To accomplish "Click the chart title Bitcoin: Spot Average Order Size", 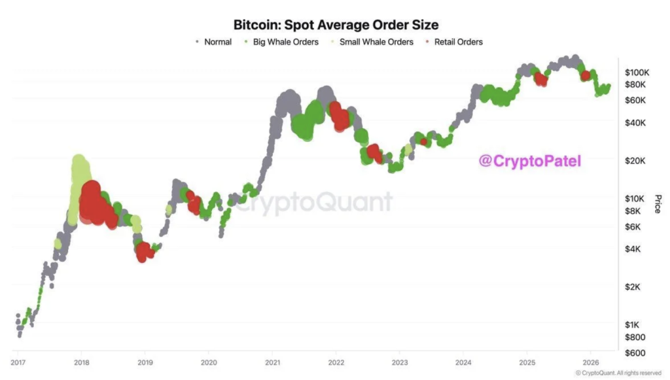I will (x=336, y=24).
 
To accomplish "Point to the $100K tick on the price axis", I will (x=636, y=71).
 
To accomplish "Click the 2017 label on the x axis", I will (x=19, y=362).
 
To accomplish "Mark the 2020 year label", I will (x=209, y=362).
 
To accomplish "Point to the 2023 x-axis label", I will (x=400, y=362).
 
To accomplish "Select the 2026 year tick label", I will (x=591, y=362).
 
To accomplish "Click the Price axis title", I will (x=658, y=203).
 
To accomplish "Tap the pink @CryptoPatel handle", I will (x=530, y=160).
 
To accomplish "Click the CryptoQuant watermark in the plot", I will (x=314, y=202).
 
